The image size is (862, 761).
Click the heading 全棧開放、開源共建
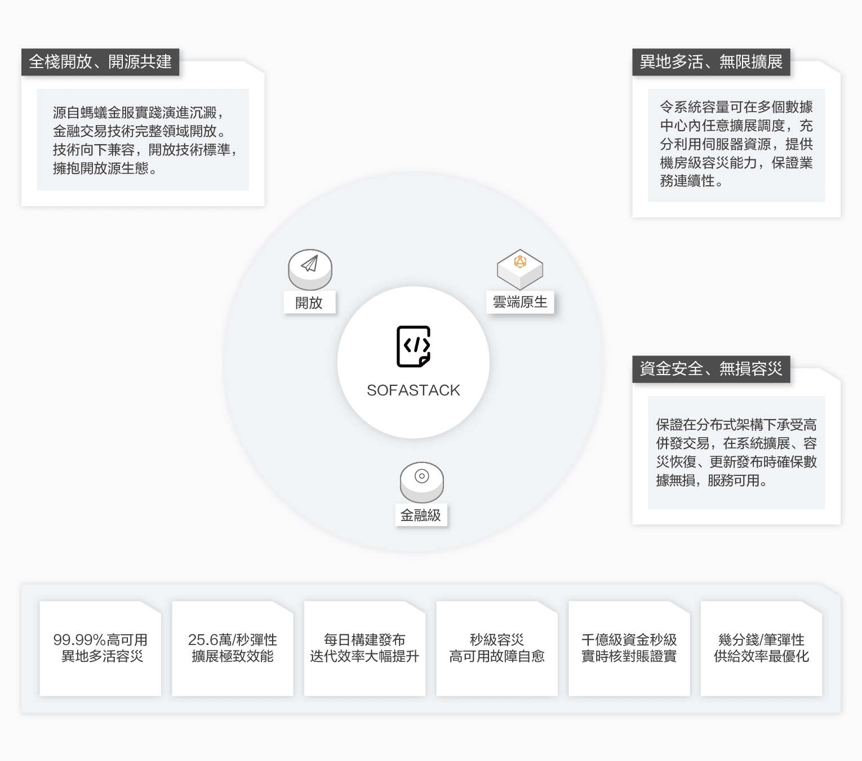coord(100,62)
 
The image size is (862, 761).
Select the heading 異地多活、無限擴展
coord(711,62)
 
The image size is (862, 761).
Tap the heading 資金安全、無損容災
coord(711,369)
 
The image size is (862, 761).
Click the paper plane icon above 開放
coord(310,265)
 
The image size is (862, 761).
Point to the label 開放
coord(309,303)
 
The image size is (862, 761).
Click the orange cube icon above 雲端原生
coord(519,262)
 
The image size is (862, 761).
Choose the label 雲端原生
coord(520,302)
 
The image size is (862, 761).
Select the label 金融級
coord(421,515)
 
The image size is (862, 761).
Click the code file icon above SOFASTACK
coord(414,346)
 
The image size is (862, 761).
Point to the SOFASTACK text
coord(414,390)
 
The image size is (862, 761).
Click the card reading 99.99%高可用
coord(100,648)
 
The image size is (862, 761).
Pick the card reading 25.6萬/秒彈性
coord(233,648)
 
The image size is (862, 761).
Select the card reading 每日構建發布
coord(365,648)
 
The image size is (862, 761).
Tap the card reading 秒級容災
coord(497,648)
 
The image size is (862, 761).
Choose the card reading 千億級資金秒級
coord(629,648)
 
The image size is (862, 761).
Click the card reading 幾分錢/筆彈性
coord(761,648)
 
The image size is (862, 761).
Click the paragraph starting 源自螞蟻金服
coord(143,140)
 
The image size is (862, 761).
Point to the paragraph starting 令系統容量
coord(736,144)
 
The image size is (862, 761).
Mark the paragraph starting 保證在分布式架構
coord(736,452)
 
